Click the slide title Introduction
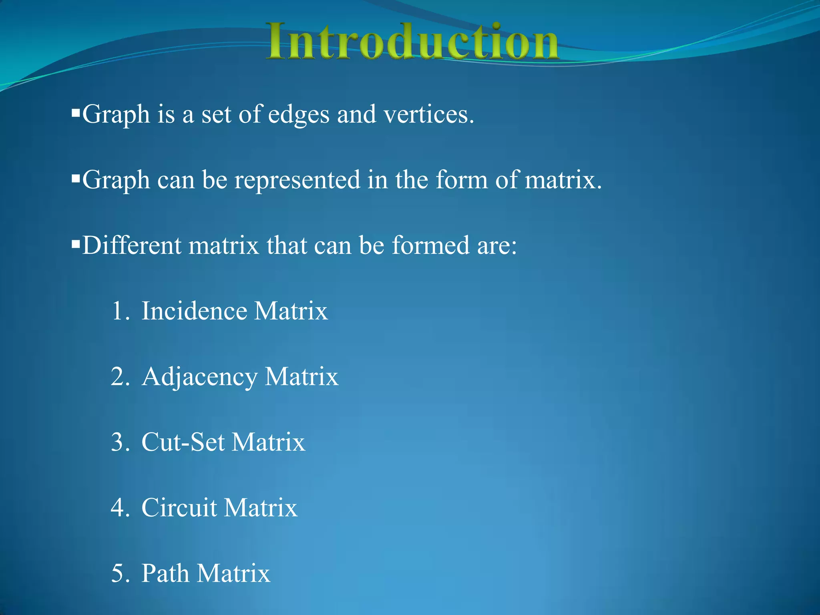[412, 42]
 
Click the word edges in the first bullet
[298, 115]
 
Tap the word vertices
[428, 115]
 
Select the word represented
[297, 180]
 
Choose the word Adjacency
[199, 377]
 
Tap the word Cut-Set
[183, 442]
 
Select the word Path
[165, 573]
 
